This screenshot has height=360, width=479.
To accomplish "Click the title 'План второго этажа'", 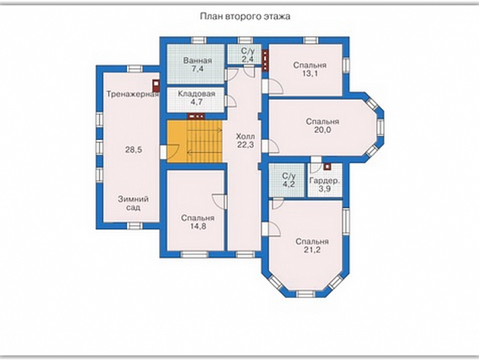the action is pos(245,16).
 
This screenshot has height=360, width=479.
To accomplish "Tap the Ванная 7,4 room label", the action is pos(197,64).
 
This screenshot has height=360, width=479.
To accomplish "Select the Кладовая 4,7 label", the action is pos(196,98).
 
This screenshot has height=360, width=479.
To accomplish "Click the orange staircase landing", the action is pos(177,141).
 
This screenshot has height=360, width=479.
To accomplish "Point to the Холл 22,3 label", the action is pos(246,141).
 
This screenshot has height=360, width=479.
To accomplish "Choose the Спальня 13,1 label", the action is pos(310,69).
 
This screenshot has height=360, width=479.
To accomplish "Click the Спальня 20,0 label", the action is pos(323,126).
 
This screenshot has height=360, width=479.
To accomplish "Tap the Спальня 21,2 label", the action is pos(312,246).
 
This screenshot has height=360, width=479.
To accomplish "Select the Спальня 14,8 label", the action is pos(197,222).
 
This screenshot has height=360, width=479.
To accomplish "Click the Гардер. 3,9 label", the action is pos(324,185).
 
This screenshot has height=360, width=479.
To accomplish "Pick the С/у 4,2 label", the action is pos(289,180).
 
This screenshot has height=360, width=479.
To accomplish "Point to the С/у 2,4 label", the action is pos(248,55).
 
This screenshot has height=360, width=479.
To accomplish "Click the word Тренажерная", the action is pos(132,94).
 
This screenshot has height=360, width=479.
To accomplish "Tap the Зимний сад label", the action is pos(133,203).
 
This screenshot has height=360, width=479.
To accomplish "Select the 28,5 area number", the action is pos(134,150).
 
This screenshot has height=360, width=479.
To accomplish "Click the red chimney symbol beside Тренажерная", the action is pos(156,85).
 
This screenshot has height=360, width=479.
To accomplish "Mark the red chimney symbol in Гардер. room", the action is pos(327,166).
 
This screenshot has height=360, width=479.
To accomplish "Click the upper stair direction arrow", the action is pos(205,131).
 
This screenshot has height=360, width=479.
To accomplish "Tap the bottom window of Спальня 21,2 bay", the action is pos(306,293).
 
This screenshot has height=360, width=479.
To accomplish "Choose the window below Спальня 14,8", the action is pos(194,254).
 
